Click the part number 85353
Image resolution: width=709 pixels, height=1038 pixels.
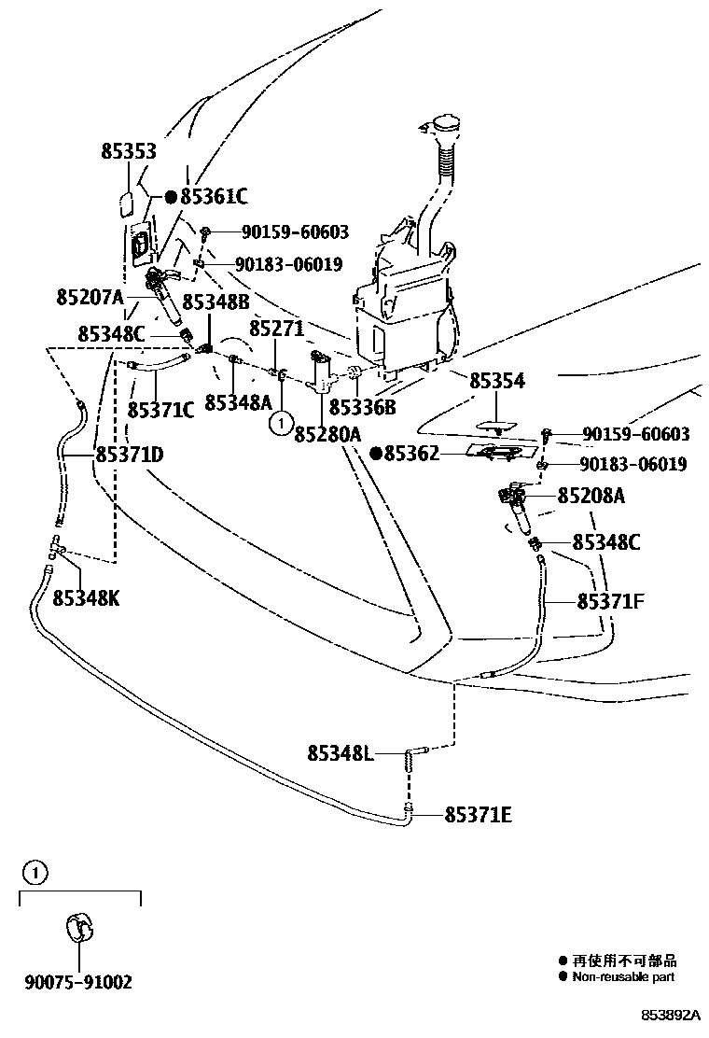point(129,152)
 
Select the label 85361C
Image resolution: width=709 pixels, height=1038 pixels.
point(214,197)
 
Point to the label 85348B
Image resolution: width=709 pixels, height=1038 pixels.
point(215,302)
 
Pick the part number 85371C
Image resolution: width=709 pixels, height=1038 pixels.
point(160,409)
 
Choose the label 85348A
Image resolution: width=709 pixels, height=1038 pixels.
point(238,402)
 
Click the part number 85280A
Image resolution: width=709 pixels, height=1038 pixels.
point(327,434)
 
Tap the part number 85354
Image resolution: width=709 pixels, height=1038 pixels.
point(496,381)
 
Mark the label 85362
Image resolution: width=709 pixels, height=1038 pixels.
point(411,454)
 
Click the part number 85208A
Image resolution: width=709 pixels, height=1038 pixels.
point(591,496)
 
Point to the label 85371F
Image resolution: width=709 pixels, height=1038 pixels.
point(611,602)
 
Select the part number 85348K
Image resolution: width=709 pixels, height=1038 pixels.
point(86,597)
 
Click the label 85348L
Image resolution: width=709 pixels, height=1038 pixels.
point(341,751)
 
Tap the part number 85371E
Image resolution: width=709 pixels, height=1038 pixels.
point(478,815)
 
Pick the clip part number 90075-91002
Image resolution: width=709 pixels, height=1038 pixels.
point(78,982)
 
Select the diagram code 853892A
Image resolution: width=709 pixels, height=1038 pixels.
point(669,1015)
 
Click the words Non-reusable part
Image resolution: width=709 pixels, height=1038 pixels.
point(623,977)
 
